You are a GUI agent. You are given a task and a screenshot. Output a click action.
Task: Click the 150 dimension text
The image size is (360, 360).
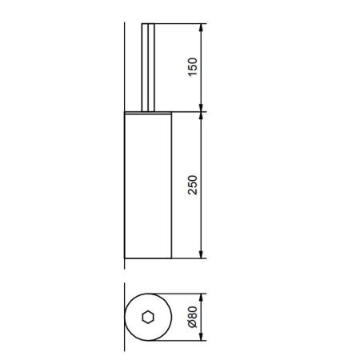[193, 67]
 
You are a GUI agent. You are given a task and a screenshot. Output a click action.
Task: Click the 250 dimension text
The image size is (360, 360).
[193, 185]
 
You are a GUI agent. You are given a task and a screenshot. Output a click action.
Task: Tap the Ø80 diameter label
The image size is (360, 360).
[193, 317]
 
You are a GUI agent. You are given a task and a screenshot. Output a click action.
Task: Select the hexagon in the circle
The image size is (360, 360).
[148, 317]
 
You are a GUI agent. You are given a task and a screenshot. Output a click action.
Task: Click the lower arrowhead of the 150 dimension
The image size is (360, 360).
[202, 107]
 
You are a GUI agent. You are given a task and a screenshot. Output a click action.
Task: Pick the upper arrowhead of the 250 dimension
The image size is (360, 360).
[202, 117]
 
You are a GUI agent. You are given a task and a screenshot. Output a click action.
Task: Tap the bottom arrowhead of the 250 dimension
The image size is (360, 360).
[202, 254]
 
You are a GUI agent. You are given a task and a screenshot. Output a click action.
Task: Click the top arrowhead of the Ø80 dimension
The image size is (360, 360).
[202, 298]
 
